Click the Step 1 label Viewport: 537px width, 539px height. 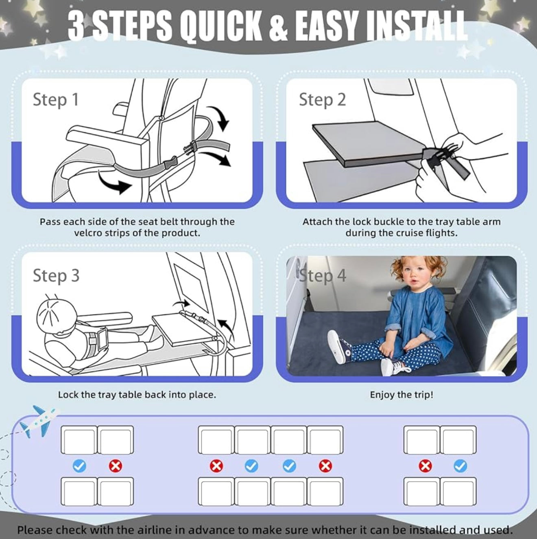pos(56,99)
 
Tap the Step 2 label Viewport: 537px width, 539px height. pos(323,99)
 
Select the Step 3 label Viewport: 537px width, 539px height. pos(56,275)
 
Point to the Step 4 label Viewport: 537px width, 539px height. pos(323,275)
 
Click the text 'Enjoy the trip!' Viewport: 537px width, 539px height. pos(402,395)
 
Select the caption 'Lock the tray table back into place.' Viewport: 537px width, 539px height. pos(137,395)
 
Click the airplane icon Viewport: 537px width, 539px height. pos(39,422)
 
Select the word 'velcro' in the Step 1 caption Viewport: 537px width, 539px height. pos(89,233)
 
